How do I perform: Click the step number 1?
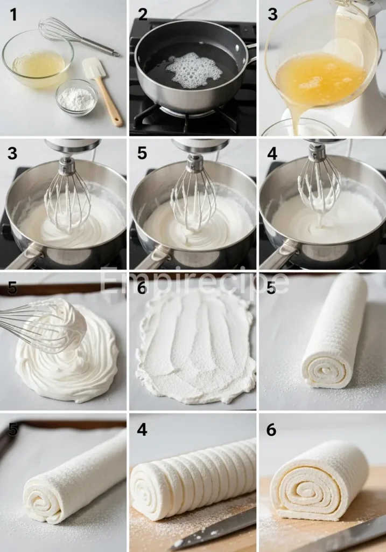pyautogui.click(x=13, y=15)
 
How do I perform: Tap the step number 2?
pyautogui.click(x=143, y=15)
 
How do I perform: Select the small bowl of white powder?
pyautogui.click(x=76, y=98)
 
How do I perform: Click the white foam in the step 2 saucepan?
pyautogui.click(x=194, y=71)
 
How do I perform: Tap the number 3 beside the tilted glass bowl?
pyautogui.click(x=272, y=15)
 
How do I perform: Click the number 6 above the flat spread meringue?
pyautogui.click(x=142, y=289)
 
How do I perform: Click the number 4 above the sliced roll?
pyautogui.click(x=142, y=430)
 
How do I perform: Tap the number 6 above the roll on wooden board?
pyautogui.click(x=271, y=430)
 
